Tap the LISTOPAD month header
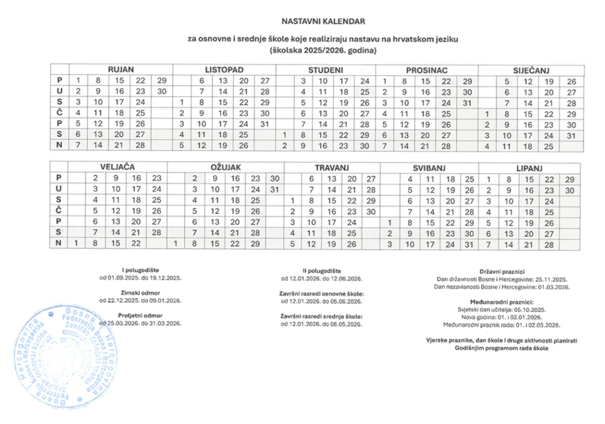click(x=225, y=70)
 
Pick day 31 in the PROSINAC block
click(x=467, y=102)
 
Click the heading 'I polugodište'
click(x=140, y=270)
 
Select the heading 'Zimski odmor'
click(x=139, y=292)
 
